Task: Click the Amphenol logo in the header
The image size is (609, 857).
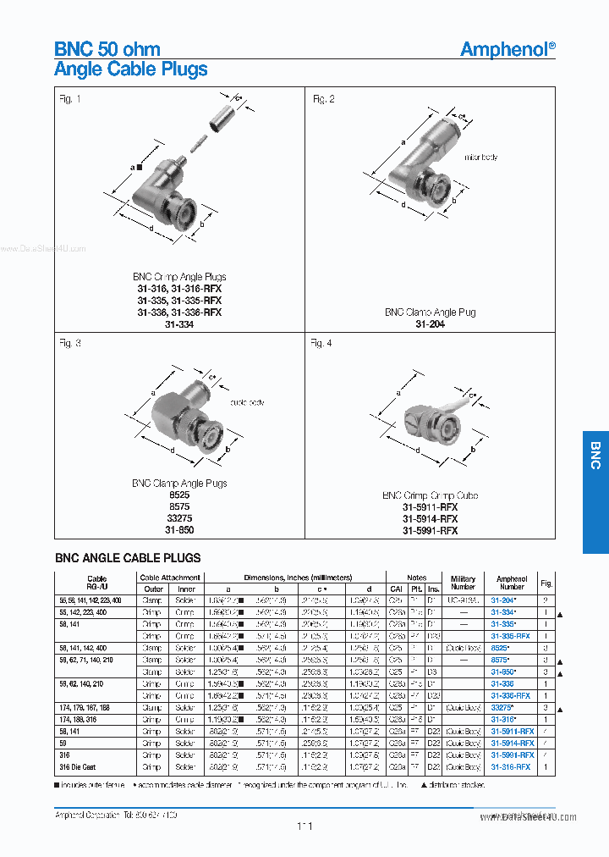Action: tap(507, 49)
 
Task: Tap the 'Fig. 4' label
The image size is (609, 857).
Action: tap(321, 343)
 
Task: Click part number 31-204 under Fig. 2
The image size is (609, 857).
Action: tap(430, 324)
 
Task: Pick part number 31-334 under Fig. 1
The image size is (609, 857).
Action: tap(179, 324)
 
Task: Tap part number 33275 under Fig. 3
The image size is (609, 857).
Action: tap(179, 519)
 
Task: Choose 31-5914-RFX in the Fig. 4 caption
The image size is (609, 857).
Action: tap(430, 519)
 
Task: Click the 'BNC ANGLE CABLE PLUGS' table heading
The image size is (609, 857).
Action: tap(128, 558)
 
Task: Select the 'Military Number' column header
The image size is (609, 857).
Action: tap(463, 583)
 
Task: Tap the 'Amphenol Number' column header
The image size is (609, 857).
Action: tap(512, 583)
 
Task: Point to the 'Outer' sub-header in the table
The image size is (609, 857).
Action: tap(153, 589)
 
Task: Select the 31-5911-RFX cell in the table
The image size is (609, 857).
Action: tap(512, 731)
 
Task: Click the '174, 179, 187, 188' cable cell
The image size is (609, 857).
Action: tap(85, 707)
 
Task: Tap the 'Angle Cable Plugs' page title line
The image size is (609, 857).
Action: tap(131, 69)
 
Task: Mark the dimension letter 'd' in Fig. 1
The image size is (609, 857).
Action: tap(151, 227)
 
